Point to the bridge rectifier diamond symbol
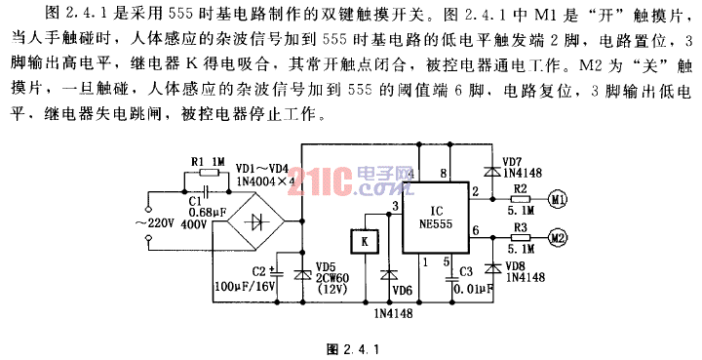pyautogui.click(x=259, y=223)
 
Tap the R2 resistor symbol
pyautogui.click(x=520, y=201)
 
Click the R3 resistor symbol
pyautogui.click(x=520, y=236)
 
